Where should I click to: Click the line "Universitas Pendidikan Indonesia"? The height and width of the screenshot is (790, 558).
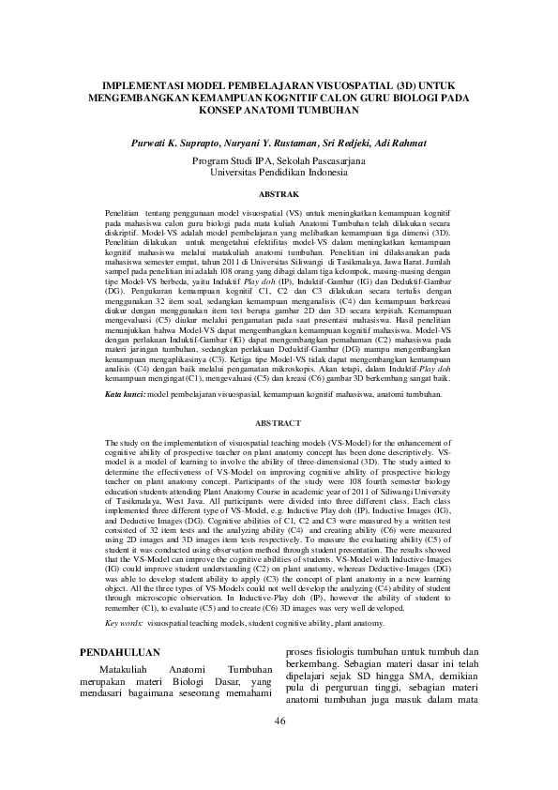point(279,173)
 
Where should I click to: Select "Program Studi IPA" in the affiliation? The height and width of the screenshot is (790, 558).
point(231,161)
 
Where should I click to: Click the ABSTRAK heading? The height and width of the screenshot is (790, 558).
point(279,194)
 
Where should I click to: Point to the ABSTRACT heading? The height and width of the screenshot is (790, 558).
point(279,424)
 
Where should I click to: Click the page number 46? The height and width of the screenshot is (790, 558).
point(279,747)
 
